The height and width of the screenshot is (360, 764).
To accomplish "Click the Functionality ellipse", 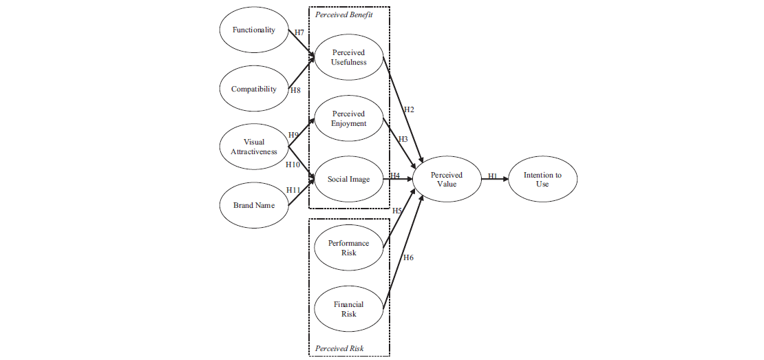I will coord(253,30).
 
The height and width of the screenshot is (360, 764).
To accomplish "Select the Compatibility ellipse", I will coord(253,89).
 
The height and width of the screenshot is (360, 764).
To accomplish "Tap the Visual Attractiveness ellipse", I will coord(253,147).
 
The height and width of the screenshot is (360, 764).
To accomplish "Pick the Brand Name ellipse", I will coord(253,205).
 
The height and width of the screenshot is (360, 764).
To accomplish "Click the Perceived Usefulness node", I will coord(348,57).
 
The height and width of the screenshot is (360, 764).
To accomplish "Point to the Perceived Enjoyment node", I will coord(348,118).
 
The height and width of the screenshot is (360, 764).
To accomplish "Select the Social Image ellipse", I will coord(348,180).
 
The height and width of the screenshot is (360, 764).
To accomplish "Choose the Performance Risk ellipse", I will coord(348,248).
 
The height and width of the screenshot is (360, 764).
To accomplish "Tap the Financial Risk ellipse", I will coord(348,309).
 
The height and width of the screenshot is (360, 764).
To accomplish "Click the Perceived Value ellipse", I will coord(447,180).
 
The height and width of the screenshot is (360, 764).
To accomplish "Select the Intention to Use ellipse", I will coord(542,180).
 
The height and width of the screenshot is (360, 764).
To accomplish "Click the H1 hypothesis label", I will coord(493,176).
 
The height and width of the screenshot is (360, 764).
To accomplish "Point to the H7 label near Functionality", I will coord(299,32).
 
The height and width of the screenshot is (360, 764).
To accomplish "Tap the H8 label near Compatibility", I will coord(295,90).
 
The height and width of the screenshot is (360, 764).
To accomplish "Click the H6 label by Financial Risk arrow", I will coord(408,257).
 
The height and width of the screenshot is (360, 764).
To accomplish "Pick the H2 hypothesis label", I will coord(409,109).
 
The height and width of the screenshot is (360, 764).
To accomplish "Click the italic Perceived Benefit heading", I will coord(343,15).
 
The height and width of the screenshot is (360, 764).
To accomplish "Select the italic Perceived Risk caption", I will coord(339,348).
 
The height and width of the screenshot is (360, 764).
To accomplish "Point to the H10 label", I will coord(293,165).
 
